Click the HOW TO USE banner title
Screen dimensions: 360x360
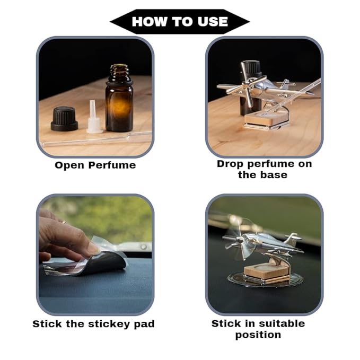tap(180, 22)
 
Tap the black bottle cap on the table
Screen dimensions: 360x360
tap(64, 119)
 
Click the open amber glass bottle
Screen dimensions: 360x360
tap(119, 98)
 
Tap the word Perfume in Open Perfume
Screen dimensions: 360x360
tap(112, 165)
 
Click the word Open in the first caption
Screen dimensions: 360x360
tap(69, 166)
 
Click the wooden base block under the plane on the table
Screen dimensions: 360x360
tap(266, 118)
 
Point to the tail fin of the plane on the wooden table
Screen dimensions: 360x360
tap(286, 84)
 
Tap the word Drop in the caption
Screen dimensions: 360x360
tap(230, 164)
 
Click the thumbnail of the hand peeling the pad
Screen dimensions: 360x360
tap(95, 254)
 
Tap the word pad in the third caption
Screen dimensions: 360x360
tap(144, 324)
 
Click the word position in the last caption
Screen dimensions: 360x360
tap(258, 335)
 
